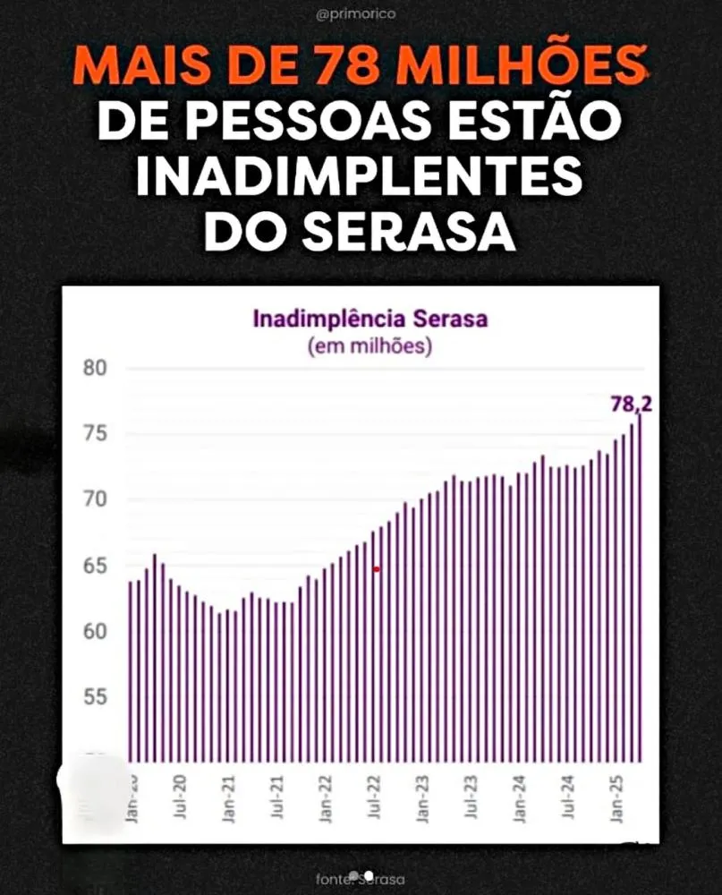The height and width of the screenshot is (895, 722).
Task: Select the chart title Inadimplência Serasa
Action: coord(370,319)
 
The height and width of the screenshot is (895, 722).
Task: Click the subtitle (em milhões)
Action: coord(369,345)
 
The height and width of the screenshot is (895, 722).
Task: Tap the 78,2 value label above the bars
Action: coord(631,404)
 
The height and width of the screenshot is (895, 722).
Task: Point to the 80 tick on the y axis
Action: coord(96,369)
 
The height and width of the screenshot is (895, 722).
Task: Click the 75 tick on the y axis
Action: coord(96,434)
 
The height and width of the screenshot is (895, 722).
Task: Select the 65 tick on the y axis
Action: coord(96,566)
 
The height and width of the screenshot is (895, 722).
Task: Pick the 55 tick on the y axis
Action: coord(96,697)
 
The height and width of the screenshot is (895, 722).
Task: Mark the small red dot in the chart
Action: coord(377,569)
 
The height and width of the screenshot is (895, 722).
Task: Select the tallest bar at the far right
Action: coord(640,591)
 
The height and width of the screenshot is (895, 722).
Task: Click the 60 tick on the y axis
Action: coord(96,631)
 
